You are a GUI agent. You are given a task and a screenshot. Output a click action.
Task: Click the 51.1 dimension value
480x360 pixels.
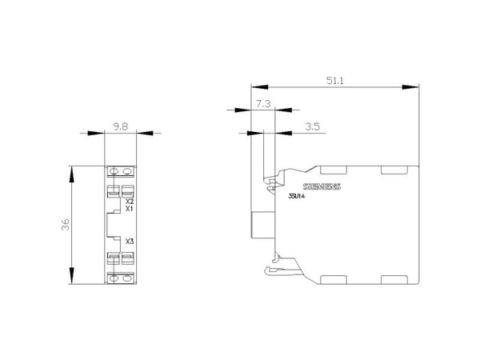335,81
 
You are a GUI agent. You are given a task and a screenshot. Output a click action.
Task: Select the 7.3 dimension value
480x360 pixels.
263,104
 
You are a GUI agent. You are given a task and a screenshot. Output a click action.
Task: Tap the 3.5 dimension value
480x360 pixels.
312,126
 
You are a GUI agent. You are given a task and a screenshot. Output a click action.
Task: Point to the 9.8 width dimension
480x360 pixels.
120,126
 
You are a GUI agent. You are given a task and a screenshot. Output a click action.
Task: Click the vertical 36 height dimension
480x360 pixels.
66,225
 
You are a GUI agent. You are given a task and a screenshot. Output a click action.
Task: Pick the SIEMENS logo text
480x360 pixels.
322,186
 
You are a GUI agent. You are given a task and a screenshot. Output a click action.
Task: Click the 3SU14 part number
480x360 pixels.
296,197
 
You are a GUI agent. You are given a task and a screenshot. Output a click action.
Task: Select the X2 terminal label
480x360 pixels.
130,202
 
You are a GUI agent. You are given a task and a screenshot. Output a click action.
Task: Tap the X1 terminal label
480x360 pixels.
130,209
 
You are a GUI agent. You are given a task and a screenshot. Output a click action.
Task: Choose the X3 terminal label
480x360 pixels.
130,242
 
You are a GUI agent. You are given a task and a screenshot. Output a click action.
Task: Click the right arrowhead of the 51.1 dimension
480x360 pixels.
410,87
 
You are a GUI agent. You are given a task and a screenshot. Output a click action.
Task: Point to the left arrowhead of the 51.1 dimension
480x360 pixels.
259,87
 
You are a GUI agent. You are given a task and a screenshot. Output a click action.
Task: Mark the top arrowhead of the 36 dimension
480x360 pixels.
71,174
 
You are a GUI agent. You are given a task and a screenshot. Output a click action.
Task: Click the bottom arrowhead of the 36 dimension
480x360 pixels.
71,275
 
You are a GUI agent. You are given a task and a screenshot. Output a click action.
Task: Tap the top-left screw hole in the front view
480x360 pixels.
114,171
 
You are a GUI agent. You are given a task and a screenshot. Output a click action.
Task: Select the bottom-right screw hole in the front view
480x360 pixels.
126,278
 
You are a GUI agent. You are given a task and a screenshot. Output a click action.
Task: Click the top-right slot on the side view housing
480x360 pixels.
394,170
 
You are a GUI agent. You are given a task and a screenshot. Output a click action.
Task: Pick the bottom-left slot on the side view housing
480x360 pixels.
334,280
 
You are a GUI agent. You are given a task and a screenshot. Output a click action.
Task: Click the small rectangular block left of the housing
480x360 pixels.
263,225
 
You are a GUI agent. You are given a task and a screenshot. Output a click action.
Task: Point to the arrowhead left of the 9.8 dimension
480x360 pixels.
96,133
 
